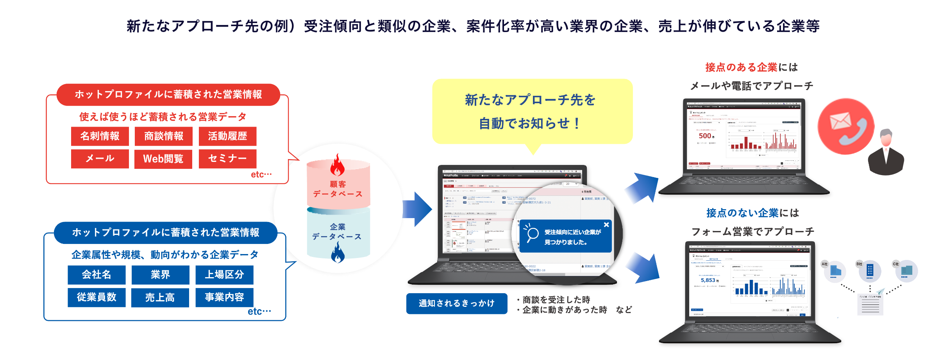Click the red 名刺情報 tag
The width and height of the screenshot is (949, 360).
coord(100,136)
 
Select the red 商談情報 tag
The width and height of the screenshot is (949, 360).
coord(163,136)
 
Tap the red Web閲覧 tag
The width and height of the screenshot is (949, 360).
coord(163,159)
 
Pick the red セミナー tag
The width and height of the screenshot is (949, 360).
coord(227,158)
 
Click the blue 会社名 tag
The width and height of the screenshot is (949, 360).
coord(97,275)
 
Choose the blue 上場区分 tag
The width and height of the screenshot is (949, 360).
coord(224,275)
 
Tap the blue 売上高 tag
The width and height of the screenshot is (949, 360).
coord(160,298)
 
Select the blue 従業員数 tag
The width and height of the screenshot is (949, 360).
coord(97,297)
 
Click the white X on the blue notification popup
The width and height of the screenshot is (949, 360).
coord(606,225)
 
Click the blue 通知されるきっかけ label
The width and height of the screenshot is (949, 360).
coord(456,303)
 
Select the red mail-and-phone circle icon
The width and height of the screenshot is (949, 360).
coord(846,126)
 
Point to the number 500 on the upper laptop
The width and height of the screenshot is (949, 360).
coord(705,136)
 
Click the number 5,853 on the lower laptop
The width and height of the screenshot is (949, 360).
coord(708,280)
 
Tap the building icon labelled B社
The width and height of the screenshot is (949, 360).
coord(870,270)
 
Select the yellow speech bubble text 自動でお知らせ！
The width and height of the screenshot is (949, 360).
coord(529,124)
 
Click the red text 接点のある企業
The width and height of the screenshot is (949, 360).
coord(741,67)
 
